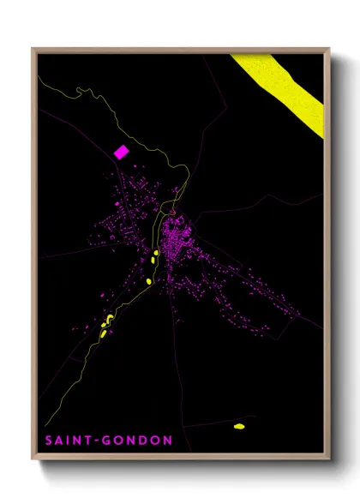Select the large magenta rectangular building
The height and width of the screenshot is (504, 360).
tap(122, 152)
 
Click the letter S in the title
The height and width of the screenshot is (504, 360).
tap(44, 441)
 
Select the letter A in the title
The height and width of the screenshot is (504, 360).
tap(55, 441)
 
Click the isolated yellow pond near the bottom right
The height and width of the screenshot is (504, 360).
tap(239, 425)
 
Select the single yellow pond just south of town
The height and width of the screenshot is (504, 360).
tap(148, 280)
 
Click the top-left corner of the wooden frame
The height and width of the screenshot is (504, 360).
tap(33, 49)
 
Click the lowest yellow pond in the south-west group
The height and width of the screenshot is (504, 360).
tap(102, 333)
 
